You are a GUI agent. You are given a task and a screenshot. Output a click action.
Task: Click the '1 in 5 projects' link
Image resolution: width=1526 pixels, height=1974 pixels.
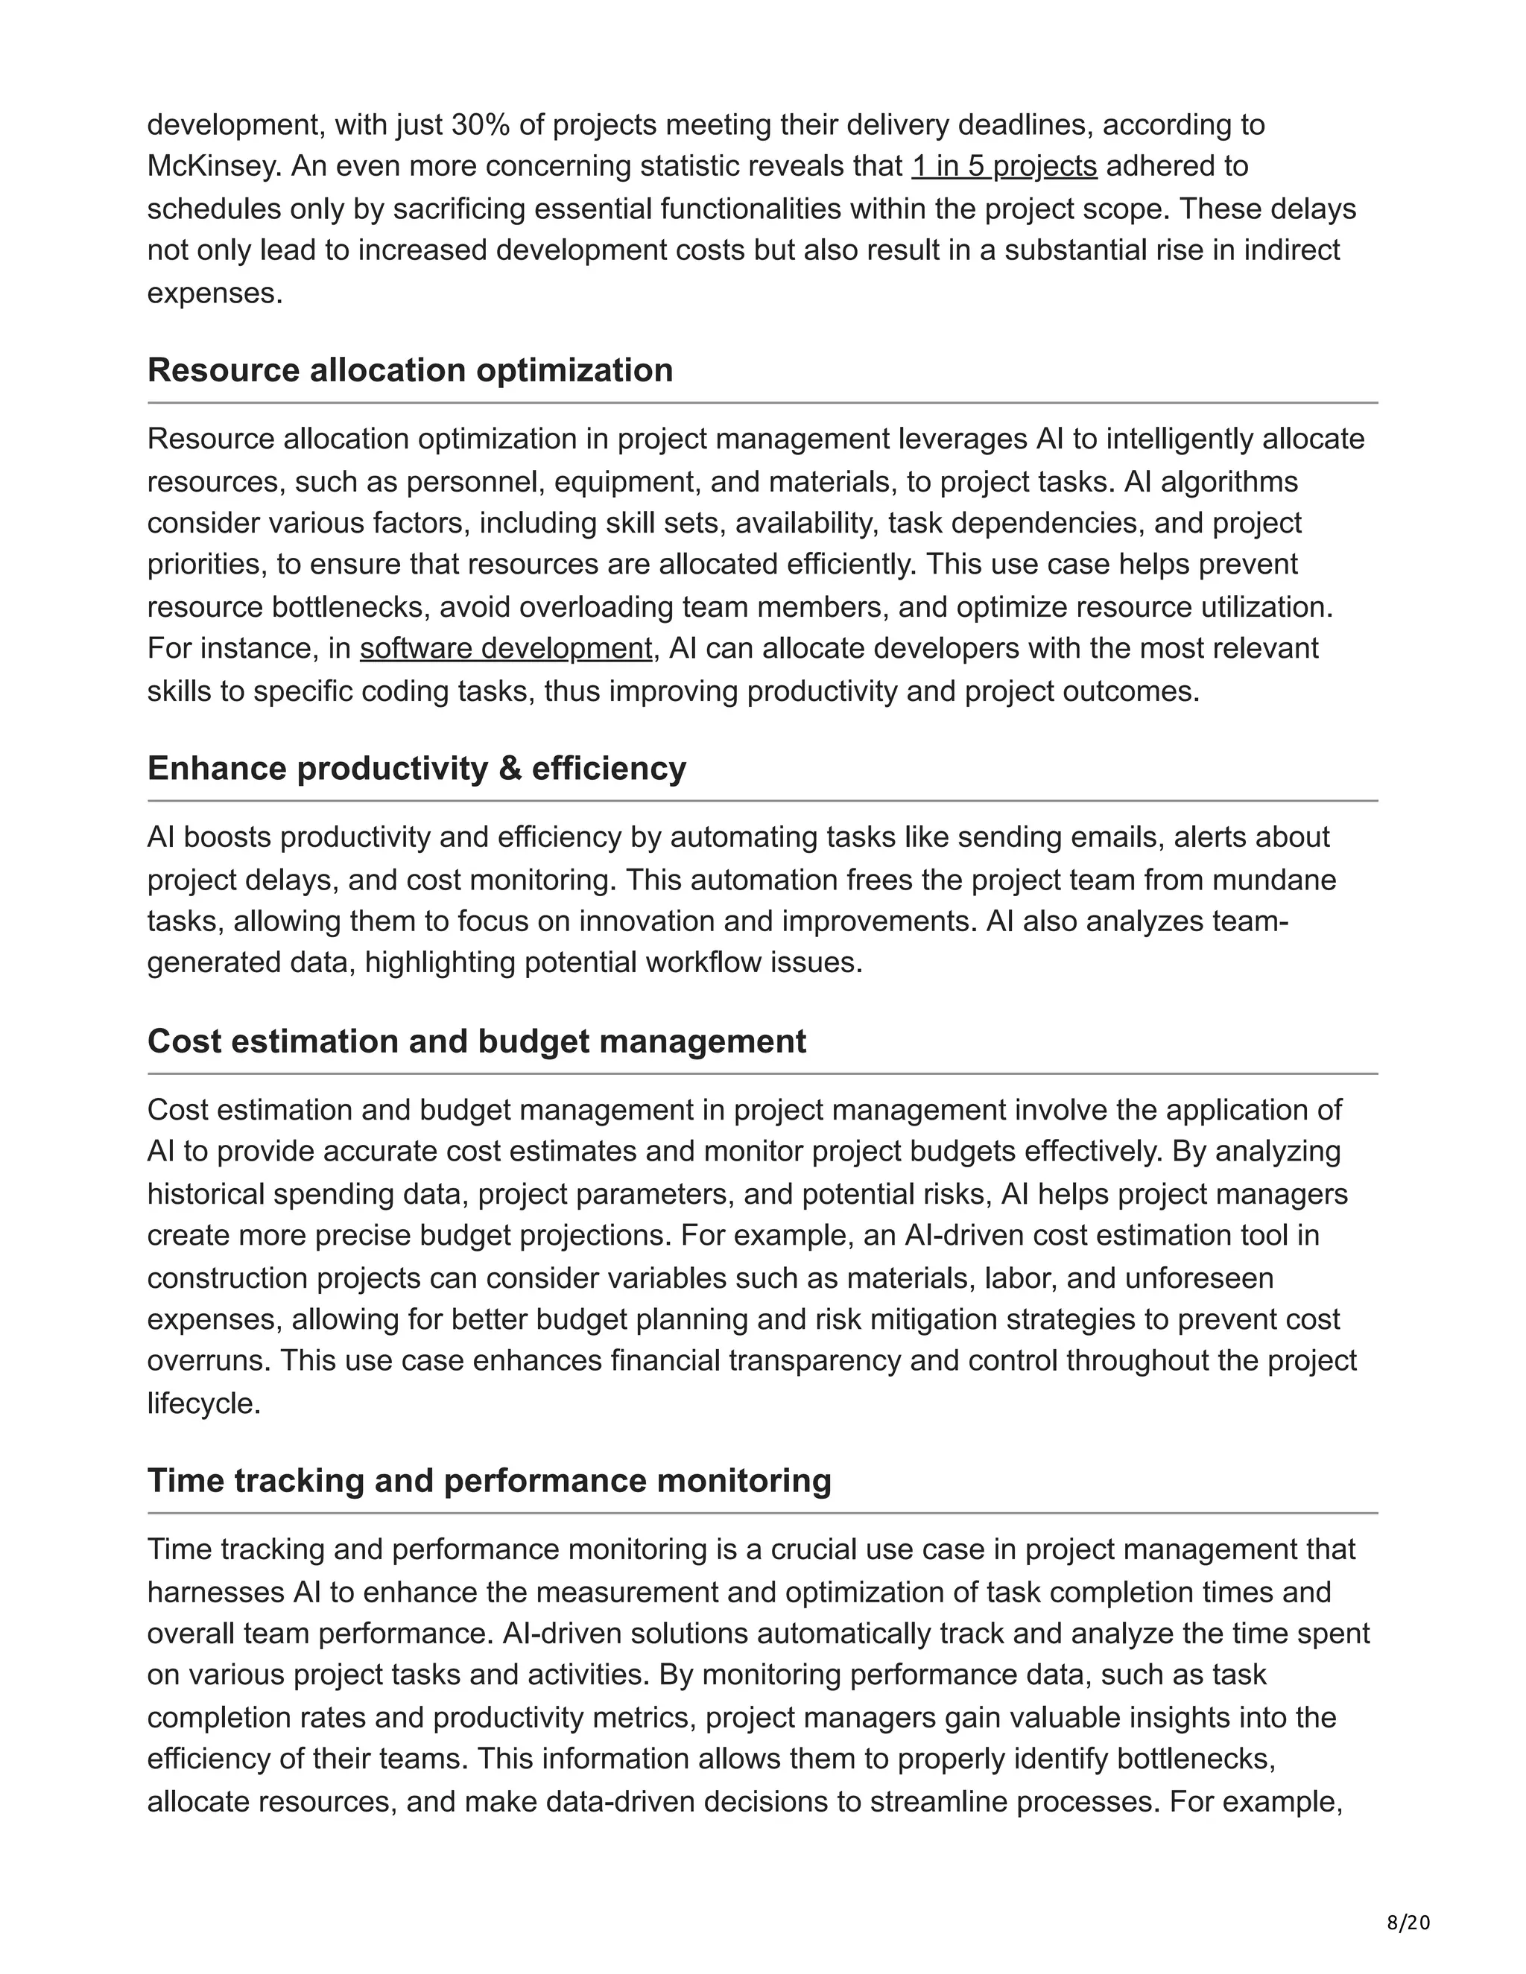click(x=1004, y=166)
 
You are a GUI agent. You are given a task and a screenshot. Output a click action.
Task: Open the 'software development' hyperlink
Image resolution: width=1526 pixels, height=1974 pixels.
click(x=505, y=648)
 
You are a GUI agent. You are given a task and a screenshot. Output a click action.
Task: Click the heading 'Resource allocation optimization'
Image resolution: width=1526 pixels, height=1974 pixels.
click(x=410, y=370)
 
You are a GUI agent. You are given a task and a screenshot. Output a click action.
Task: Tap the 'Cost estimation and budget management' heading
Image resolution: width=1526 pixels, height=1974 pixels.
click(x=476, y=1041)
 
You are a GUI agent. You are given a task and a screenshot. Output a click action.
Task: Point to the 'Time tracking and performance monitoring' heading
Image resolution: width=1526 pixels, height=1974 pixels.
click(x=489, y=1481)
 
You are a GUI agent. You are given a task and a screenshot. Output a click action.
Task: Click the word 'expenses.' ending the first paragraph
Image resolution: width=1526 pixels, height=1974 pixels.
click(x=215, y=293)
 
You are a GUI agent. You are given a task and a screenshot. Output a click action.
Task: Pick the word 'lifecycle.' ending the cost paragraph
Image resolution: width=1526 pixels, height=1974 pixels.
click(x=204, y=1403)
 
